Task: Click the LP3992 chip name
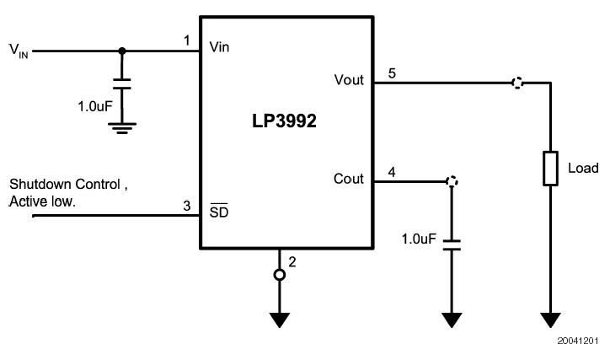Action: pos(285,121)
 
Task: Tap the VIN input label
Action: pos(19,50)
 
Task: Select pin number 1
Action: pos(187,40)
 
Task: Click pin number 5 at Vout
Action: pos(392,73)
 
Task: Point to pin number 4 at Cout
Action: pos(392,172)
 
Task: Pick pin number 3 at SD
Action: pos(187,206)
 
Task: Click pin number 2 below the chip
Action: pos(292,261)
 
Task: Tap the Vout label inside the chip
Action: pos(349,80)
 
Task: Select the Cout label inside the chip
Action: pos(349,179)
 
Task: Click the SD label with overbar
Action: pos(219,212)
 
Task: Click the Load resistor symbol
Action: pos(550,168)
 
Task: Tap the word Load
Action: pos(583,168)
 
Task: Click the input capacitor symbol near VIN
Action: pos(122,84)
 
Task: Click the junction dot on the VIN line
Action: pos(122,51)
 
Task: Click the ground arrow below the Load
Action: pos(550,320)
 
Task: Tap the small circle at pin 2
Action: pos(280,275)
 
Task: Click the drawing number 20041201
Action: pos(577,341)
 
